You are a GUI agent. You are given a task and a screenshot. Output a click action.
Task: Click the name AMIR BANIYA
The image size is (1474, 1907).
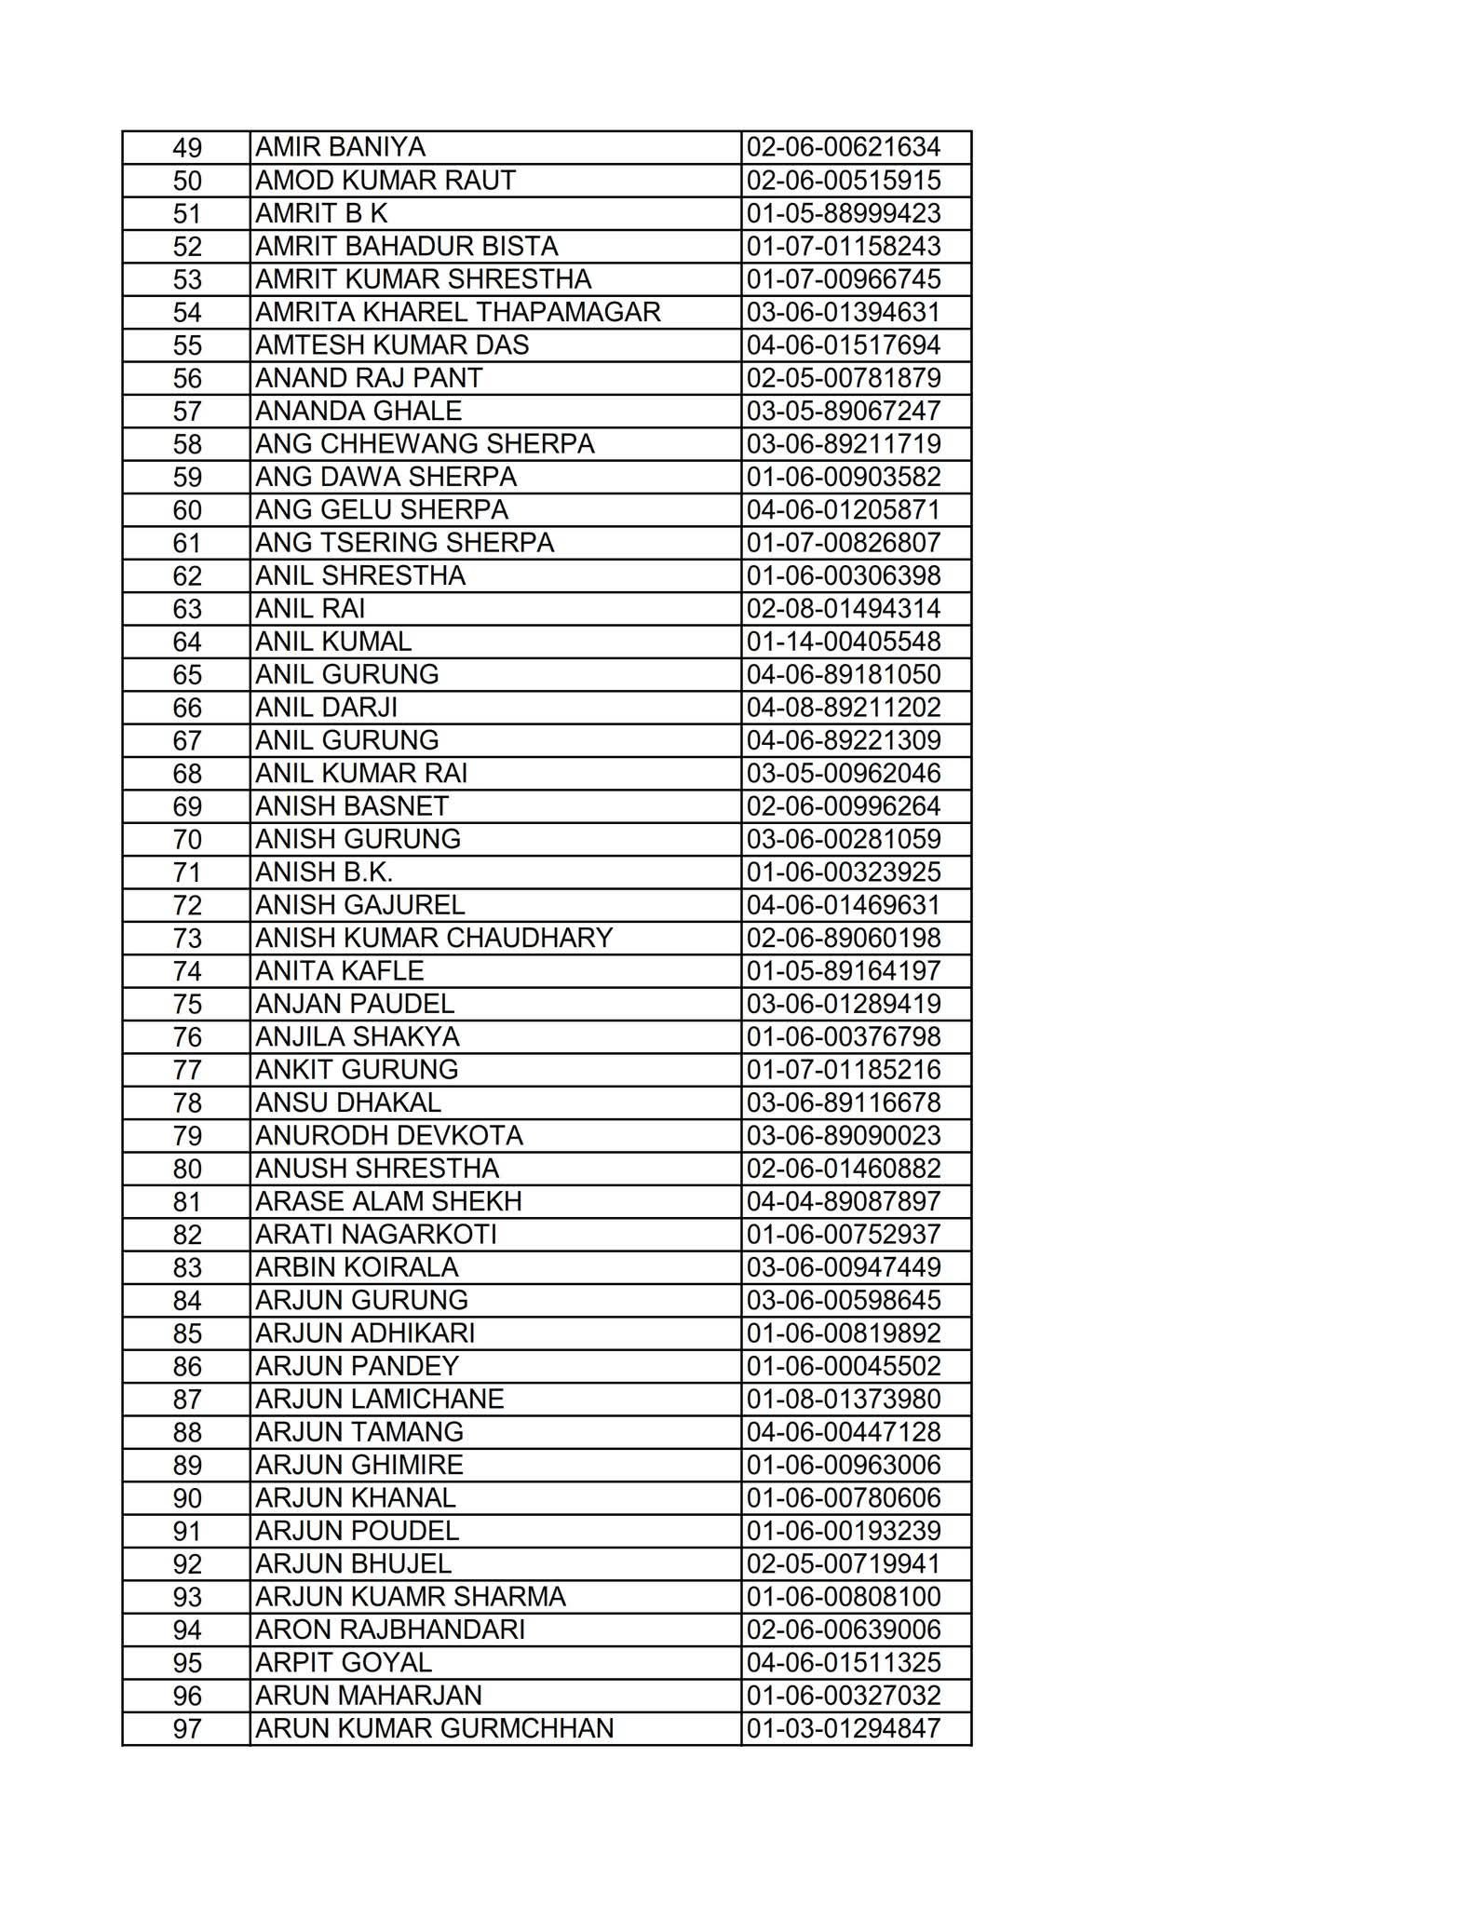click(340, 148)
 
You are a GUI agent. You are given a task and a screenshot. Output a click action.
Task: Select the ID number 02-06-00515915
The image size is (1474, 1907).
click(844, 181)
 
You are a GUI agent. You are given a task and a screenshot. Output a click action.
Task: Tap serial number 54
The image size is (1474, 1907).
click(187, 313)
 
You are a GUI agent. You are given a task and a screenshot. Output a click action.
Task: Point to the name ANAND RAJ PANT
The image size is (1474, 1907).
click(369, 378)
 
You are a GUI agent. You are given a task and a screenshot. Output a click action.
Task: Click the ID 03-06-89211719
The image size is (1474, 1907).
click(844, 444)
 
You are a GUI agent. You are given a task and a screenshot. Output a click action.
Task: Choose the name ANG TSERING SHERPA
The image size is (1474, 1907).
click(404, 543)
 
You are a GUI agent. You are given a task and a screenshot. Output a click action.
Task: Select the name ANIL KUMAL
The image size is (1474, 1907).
click(333, 642)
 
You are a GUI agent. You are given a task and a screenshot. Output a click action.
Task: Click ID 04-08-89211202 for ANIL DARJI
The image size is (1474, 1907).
click(844, 708)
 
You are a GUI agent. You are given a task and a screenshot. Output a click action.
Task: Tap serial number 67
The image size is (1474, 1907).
click(187, 741)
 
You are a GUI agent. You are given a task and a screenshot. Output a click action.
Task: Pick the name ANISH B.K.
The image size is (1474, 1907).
click(324, 872)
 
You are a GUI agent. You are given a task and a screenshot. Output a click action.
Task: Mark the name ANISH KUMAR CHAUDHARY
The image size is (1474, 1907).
click(434, 938)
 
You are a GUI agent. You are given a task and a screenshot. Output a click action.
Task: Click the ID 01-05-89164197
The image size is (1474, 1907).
click(844, 971)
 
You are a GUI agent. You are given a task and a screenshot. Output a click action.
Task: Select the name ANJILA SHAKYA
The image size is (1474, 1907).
click(358, 1036)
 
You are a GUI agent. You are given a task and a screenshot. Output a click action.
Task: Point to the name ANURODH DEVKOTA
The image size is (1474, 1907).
click(389, 1136)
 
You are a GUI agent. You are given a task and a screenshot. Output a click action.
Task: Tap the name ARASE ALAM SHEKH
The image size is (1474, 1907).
click(388, 1201)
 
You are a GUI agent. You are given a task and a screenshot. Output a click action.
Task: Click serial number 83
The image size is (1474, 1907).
click(187, 1268)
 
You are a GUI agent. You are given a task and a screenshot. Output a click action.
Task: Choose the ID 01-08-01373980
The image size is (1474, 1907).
click(844, 1400)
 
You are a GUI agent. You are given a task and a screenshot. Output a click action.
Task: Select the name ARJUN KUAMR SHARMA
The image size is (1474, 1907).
click(411, 1597)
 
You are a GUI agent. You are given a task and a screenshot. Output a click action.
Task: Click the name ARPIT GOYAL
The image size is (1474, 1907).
click(344, 1663)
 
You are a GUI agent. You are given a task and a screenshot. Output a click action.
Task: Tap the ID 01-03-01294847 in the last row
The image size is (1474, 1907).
click(844, 1729)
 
